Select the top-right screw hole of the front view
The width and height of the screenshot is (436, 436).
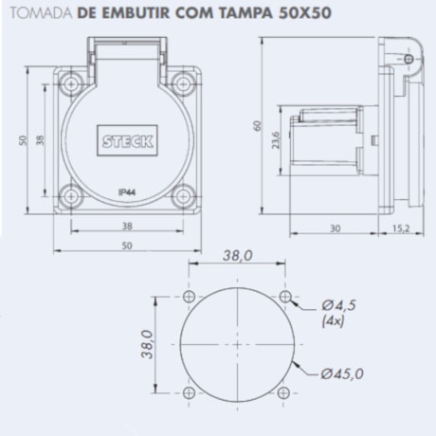[x=182, y=83]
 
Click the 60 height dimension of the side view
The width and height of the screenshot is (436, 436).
[x=256, y=128]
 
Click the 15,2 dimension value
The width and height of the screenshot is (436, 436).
[x=398, y=228]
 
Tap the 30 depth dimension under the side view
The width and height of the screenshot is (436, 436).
[x=336, y=228]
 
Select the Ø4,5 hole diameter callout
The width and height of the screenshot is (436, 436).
[x=339, y=305]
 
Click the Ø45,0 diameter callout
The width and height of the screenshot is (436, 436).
[x=343, y=372]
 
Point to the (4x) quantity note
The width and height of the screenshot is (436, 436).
[x=334, y=321]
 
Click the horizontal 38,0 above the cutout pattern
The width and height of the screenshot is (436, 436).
[x=237, y=256]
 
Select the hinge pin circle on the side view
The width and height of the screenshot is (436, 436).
[x=408, y=60]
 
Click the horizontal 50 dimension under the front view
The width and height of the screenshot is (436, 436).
[x=126, y=245]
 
